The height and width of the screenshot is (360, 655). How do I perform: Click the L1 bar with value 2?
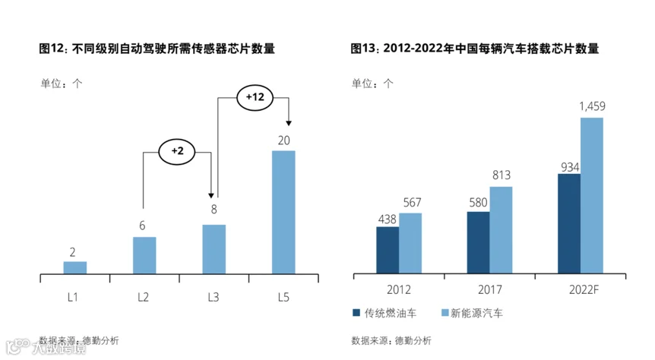(74, 267)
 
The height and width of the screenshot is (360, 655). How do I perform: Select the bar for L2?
(144, 255)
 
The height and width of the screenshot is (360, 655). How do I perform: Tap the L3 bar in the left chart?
(214, 249)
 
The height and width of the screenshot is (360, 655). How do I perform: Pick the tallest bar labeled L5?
(283, 212)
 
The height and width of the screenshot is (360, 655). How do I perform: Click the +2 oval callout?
(177, 151)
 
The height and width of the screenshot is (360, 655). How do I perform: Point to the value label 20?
(283, 140)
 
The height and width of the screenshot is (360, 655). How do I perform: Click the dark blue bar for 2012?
(388, 250)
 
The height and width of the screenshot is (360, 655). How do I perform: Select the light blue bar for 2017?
(501, 230)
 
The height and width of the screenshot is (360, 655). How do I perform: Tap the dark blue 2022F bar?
(568, 223)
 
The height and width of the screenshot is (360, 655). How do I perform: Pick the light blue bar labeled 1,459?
(591, 195)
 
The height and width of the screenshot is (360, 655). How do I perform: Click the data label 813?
(501, 175)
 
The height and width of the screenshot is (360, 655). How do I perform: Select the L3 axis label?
(214, 297)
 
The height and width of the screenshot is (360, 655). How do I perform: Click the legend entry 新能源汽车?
(471, 313)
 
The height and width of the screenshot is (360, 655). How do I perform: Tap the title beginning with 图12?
(157, 49)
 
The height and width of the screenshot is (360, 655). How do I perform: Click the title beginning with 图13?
(474, 49)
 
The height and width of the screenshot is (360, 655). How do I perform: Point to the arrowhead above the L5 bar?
(289, 124)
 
